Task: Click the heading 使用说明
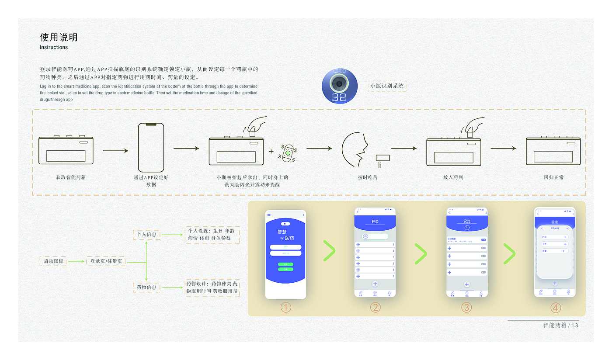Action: tap(59, 37)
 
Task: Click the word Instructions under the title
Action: tap(54, 47)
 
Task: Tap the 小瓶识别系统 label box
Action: tap(387, 86)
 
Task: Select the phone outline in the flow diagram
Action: tap(151, 148)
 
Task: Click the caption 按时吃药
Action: tap(368, 177)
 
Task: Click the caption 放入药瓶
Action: tap(453, 177)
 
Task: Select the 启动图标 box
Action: tap(53, 261)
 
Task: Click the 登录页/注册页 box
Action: tap(106, 261)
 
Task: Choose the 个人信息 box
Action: tap(146, 235)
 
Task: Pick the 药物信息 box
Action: tap(146, 287)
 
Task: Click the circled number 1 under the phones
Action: tap(285, 308)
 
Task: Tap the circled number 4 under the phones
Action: tap(556, 308)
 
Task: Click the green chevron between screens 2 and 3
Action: tap(420, 254)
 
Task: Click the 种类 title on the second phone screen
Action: tap(375, 222)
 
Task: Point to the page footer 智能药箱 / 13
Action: tap(560, 325)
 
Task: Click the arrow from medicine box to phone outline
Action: tap(115, 151)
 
